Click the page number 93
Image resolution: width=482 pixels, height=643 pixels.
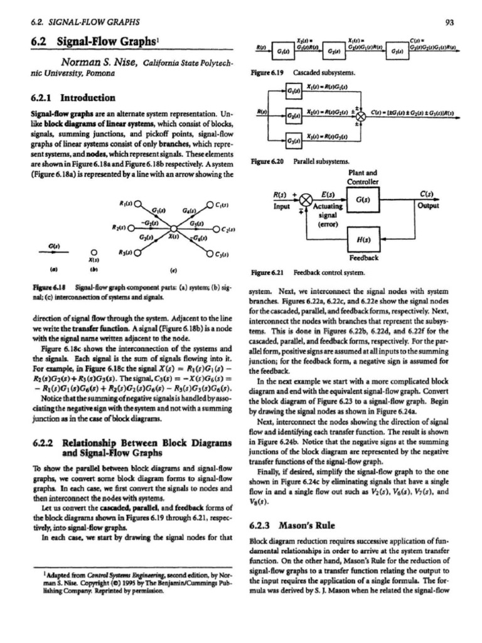(449, 23)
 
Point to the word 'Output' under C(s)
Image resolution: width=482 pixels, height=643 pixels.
(431, 204)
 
